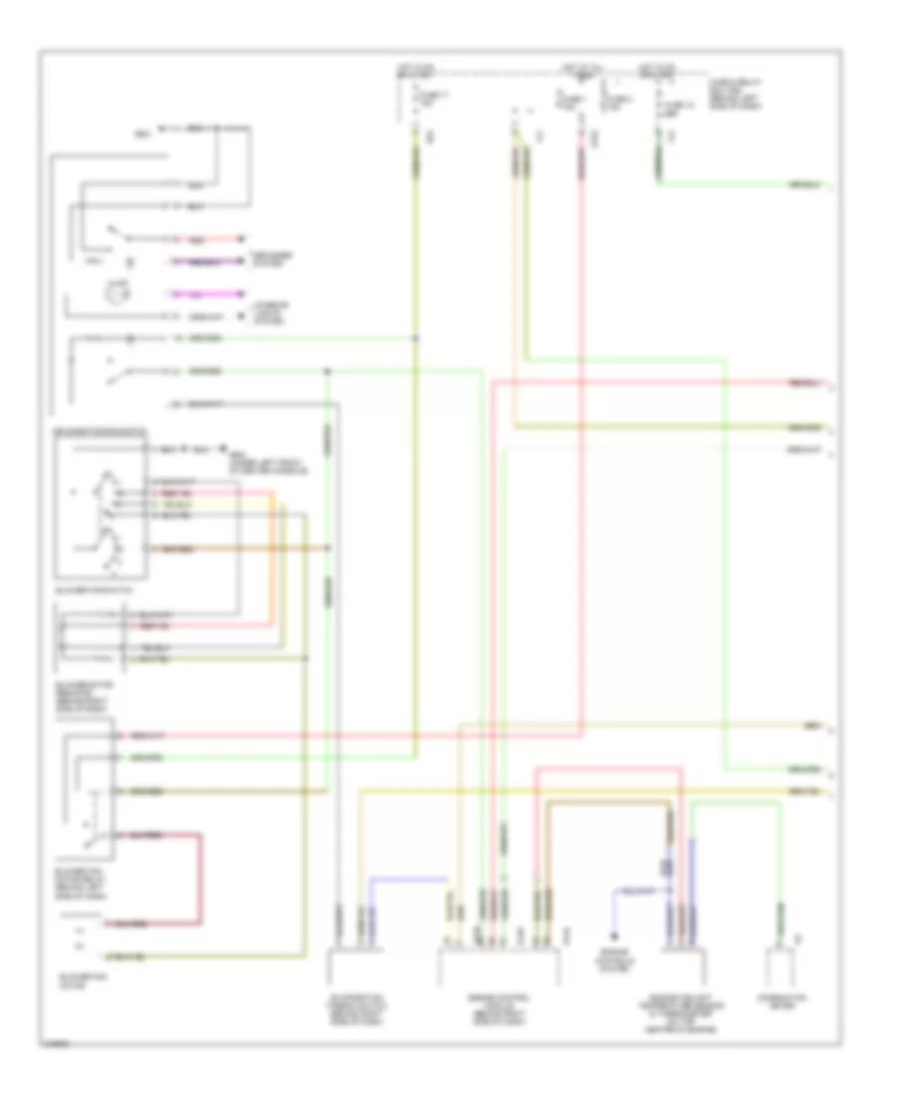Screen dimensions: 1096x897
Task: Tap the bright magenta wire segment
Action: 204,295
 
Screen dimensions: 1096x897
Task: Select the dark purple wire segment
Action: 204,262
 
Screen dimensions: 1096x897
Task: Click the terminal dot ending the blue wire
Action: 614,936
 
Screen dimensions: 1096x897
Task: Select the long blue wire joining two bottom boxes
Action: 409,880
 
